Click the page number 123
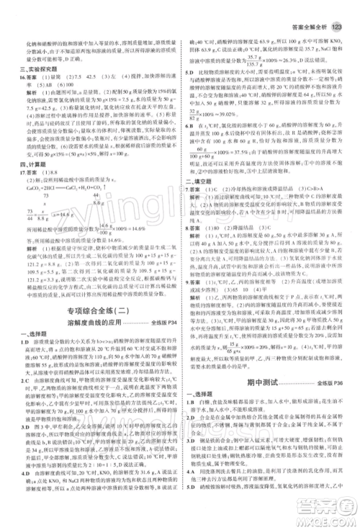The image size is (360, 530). point(338,9)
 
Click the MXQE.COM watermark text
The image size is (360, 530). point(328,522)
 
